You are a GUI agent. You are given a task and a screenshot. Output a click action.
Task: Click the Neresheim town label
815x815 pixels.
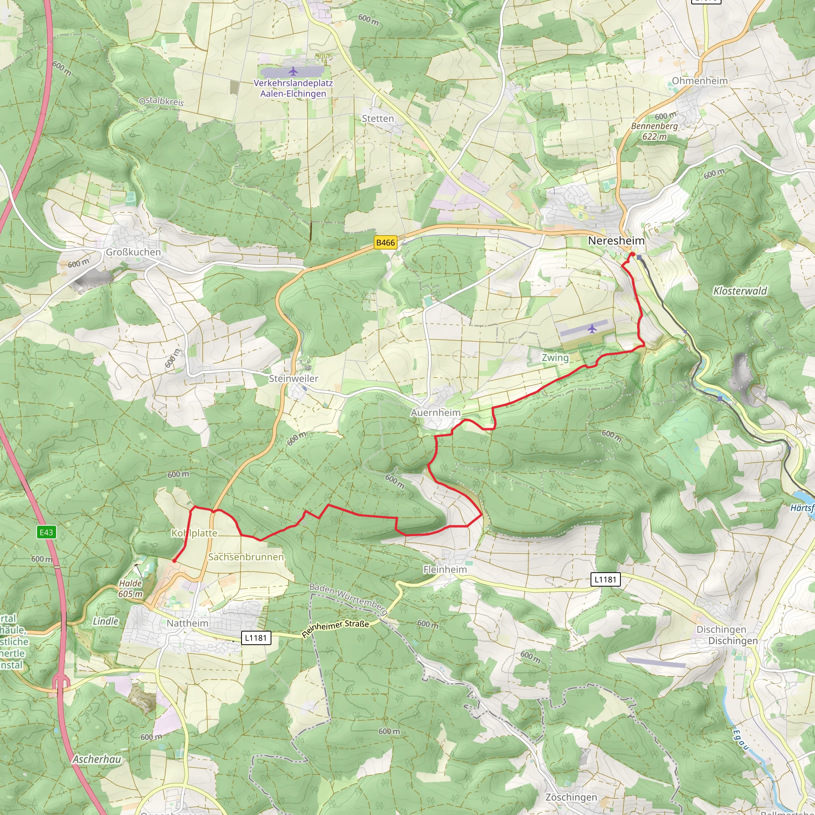(616, 241)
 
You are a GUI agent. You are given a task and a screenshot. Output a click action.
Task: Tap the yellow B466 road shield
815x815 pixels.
(385, 243)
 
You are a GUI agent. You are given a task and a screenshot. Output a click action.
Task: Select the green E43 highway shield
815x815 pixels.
(46, 532)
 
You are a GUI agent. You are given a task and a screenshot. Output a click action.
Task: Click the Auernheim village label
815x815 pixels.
(436, 413)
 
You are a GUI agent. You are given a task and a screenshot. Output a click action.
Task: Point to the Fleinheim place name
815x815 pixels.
(445, 569)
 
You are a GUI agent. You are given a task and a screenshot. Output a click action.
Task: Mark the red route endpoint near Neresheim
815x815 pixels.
(633, 254)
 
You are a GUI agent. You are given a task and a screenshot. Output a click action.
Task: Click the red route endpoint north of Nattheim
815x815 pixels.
(174, 561)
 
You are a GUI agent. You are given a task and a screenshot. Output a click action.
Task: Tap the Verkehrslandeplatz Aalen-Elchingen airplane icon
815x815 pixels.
(293, 71)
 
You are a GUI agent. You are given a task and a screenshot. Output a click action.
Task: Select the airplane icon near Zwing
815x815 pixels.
(592, 328)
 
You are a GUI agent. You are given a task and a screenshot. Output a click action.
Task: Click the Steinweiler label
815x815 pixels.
(294, 378)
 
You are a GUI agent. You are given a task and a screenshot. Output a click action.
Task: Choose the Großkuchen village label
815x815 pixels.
(133, 252)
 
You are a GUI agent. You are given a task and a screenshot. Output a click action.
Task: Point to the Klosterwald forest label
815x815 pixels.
(740, 291)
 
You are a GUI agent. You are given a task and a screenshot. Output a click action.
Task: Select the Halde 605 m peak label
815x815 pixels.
(131, 589)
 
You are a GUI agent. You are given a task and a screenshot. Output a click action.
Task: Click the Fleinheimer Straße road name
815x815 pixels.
(335, 628)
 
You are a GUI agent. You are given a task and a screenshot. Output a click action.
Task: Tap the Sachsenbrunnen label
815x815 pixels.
(246, 557)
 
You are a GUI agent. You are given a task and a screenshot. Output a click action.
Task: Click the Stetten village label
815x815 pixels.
(378, 119)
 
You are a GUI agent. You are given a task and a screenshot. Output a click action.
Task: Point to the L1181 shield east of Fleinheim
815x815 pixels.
(605, 579)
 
